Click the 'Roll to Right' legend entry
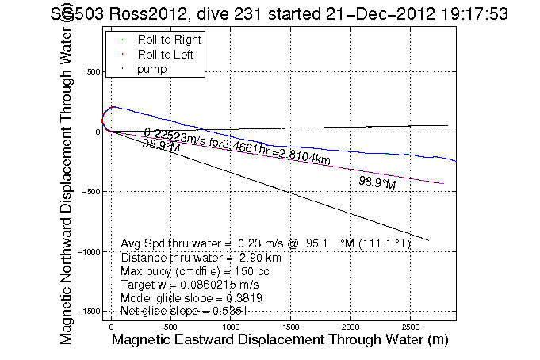coord(169,40)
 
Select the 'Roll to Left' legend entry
coord(166,55)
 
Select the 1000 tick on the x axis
coord(231,326)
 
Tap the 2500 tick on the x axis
coord(410,326)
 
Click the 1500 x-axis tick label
coord(290,326)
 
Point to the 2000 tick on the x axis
coord(350,326)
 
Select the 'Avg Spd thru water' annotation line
coord(265,243)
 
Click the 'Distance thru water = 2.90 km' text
coord(201,257)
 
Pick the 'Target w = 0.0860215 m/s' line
coord(190,284)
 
